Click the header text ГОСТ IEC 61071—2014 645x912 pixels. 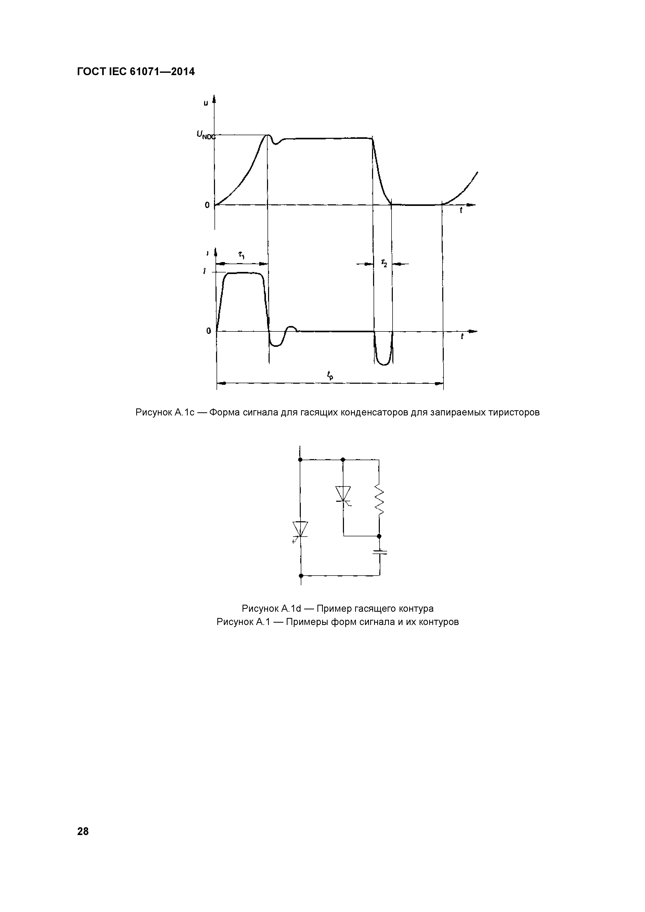click(136, 72)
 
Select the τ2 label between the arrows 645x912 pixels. click(384, 263)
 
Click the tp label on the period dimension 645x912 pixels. click(330, 375)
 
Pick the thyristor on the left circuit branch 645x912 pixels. click(300, 530)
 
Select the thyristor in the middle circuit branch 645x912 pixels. click(343, 494)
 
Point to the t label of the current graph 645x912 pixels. click(462, 337)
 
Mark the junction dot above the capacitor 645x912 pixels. click(379, 536)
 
